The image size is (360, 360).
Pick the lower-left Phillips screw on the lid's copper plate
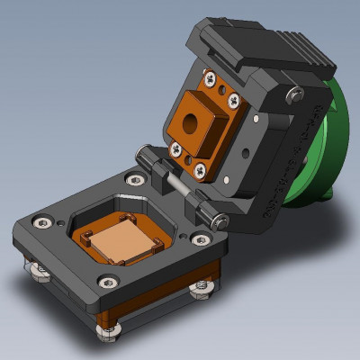pyautogui.click(x=177, y=148)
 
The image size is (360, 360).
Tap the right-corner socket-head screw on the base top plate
pyautogui.click(x=199, y=238)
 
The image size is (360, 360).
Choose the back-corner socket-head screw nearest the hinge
pyautogui.click(x=134, y=179)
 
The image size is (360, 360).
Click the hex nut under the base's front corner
pyautogui.click(x=109, y=330)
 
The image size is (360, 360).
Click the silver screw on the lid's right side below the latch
pyautogui.click(x=292, y=94)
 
